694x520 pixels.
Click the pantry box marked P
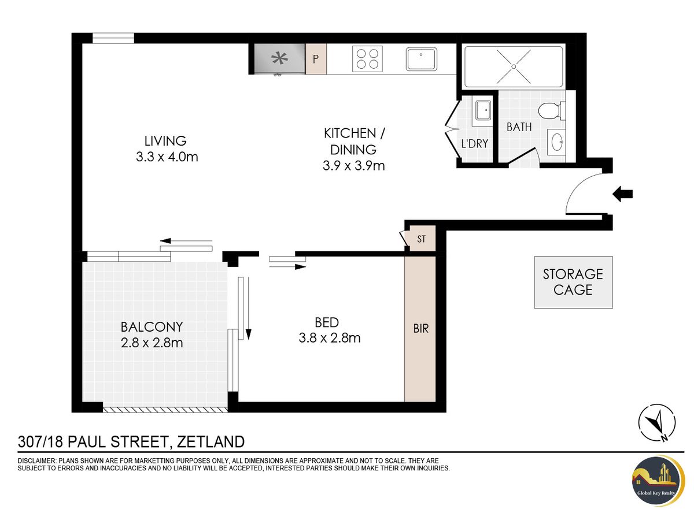coord(316,59)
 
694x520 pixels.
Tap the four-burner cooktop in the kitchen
coord(367,59)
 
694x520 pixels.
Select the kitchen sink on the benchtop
coord(421,59)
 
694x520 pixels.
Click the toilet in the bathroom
coord(551,110)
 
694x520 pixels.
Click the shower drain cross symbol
coord(514,66)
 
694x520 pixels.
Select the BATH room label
coord(519,127)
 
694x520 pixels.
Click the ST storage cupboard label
coord(421,239)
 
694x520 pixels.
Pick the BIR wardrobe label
coord(421,329)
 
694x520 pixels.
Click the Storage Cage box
coord(573,282)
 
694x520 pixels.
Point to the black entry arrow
coord(622,194)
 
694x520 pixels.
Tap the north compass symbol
coord(656,423)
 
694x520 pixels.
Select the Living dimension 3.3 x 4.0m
coord(167,157)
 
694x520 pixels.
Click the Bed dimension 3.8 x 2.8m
coord(330,338)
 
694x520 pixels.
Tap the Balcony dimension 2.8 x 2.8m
coord(152,343)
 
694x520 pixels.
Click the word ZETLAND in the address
coord(211,441)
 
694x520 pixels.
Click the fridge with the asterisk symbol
coord(280,59)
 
